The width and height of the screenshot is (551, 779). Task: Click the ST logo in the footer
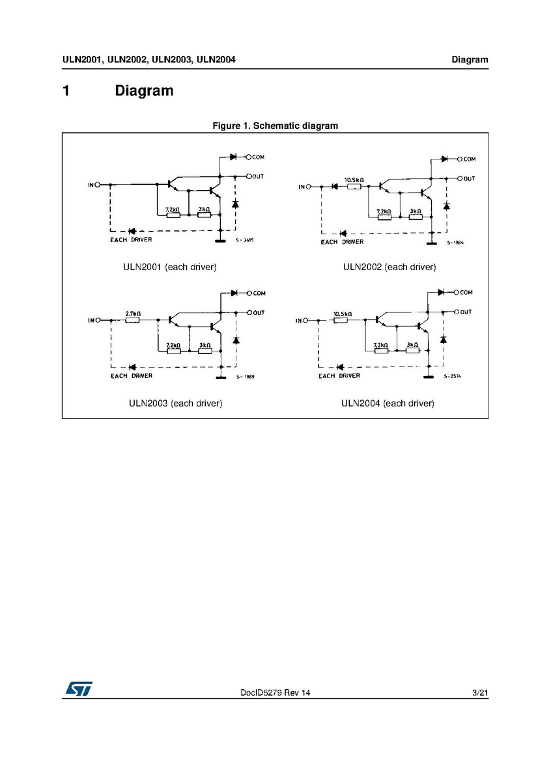pos(78,689)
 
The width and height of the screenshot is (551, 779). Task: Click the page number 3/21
pos(479,694)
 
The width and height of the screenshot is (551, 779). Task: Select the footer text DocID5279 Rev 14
pos(275,694)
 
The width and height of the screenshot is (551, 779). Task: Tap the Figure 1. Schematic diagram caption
pos(275,126)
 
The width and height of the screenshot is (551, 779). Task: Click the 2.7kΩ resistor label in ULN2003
pos(133,313)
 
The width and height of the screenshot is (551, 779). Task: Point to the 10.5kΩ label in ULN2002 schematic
pos(354,180)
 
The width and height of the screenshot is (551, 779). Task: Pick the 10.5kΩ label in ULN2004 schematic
pos(342,314)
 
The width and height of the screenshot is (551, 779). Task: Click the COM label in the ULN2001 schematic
pos(259,157)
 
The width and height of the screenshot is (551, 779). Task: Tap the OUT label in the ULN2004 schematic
pos(466,312)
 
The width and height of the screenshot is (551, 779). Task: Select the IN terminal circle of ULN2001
pos(98,185)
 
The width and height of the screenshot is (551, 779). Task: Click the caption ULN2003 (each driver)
pos(176,403)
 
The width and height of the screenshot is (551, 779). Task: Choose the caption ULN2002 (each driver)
pos(389,267)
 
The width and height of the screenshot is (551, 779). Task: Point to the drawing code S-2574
pos(452,376)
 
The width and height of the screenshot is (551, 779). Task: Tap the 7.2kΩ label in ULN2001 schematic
pos(173,210)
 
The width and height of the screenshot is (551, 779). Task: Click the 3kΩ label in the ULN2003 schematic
pos(205,345)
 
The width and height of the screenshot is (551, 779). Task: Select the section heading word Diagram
pos(144,90)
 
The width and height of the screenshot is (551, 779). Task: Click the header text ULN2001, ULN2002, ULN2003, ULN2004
pos(149,60)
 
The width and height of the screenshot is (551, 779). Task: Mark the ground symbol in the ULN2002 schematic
pos(431,243)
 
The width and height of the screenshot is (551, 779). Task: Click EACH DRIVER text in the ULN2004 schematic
pos(339,376)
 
